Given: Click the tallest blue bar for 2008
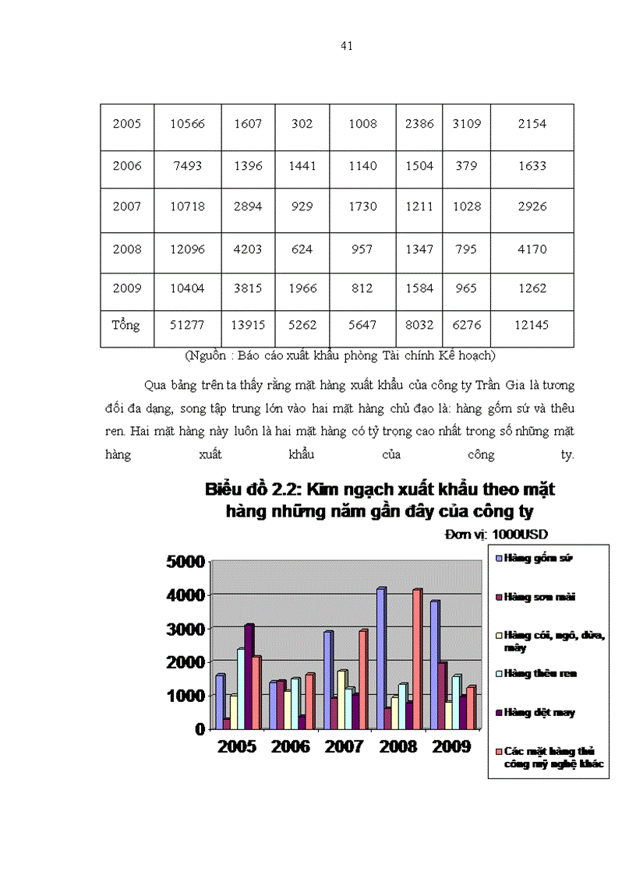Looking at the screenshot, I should click(380, 658).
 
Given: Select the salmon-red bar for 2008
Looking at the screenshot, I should click(418, 659).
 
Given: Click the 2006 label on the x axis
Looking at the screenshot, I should click(291, 746).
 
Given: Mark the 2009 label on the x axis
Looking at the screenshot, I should click(451, 746).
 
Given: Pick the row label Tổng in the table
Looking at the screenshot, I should click(126, 325).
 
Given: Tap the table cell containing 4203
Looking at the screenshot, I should click(247, 249).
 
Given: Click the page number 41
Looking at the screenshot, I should click(348, 46).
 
